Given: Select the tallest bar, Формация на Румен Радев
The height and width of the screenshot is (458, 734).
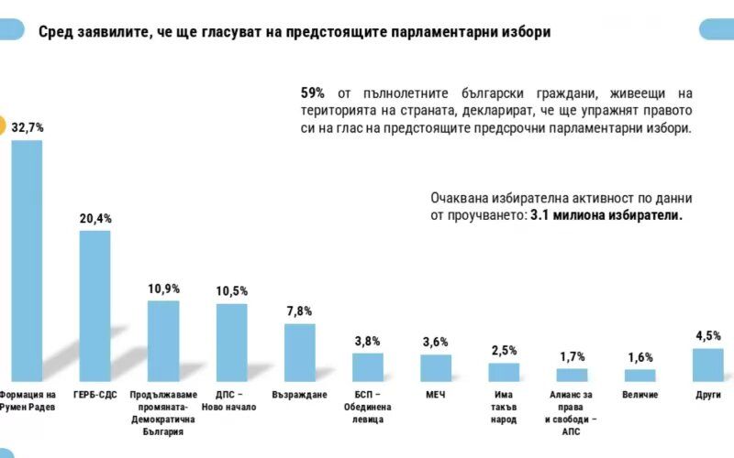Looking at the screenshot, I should (x=27, y=260).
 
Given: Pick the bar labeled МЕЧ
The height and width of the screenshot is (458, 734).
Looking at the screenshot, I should (x=436, y=367).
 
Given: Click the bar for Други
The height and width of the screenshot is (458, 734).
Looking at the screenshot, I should (x=708, y=364).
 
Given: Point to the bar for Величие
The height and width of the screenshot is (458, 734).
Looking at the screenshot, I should (x=640, y=375).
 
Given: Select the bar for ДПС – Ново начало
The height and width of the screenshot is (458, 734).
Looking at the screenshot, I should (x=231, y=342).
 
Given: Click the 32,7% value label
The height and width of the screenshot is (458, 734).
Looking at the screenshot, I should (x=28, y=128).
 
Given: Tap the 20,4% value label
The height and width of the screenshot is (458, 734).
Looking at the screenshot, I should (x=95, y=219).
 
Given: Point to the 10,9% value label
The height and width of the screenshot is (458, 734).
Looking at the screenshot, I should (x=163, y=289).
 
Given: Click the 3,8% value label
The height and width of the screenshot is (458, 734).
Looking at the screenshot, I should (x=368, y=341).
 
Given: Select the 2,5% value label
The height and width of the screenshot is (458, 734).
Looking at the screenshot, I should (x=504, y=351).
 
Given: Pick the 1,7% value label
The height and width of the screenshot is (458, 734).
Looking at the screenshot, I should (x=572, y=356).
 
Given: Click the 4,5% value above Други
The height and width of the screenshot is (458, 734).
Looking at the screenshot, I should (x=708, y=335).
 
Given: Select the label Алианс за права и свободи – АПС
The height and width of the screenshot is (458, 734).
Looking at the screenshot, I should (x=572, y=413).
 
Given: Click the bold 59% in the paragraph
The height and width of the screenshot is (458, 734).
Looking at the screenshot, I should (x=314, y=93).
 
